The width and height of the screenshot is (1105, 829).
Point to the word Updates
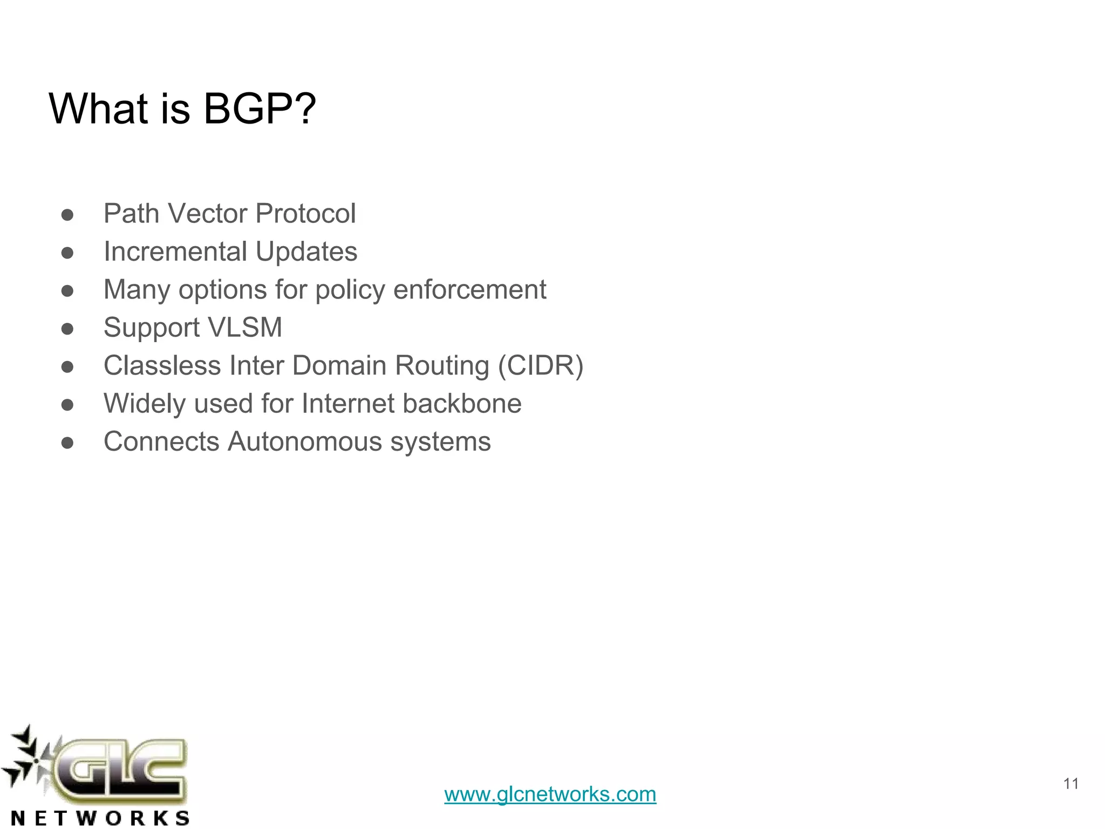pyautogui.click(x=306, y=252)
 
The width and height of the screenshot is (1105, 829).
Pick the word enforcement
pyautogui.click(x=469, y=290)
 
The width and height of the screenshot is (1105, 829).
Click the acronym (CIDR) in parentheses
pyautogui.click(x=540, y=365)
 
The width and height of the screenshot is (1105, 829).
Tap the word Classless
pyautogui.click(x=162, y=365)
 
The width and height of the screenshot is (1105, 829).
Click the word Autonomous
pyautogui.click(x=305, y=441)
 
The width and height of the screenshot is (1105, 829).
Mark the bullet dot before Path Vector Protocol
pyautogui.click(x=67, y=215)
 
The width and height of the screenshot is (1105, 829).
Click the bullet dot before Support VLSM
pyautogui.click(x=67, y=329)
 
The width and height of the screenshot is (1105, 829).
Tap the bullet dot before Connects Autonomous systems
pyautogui.click(x=67, y=443)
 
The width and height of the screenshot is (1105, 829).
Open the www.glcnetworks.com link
pyautogui.click(x=550, y=794)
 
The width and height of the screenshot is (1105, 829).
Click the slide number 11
pyautogui.click(x=1070, y=784)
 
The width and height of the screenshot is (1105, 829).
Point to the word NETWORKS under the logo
pyautogui.click(x=100, y=818)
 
